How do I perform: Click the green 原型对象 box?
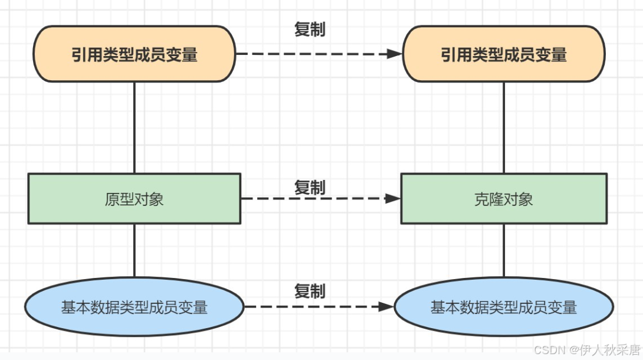coord(134,199)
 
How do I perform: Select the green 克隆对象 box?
coord(504,199)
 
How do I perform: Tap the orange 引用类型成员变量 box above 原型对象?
coord(134,54)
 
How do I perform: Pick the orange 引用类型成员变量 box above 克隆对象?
coord(504,54)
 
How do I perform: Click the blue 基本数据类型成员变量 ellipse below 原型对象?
coord(134,307)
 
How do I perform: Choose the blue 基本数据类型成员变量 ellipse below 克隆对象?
coord(504,307)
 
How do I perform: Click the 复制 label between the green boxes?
coord(310,188)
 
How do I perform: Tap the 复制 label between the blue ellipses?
coord(310,291)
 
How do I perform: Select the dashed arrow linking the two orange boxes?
coord(313,54)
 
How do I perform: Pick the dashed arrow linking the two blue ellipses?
coord(313,307)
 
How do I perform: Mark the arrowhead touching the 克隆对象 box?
coord(393,199)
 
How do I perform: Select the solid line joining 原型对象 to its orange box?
coord(134,127)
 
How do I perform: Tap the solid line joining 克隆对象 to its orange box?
coord(504,127)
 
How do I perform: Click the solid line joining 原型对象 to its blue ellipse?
coord(134,250)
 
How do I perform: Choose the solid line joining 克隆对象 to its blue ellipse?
coord(504,250)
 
